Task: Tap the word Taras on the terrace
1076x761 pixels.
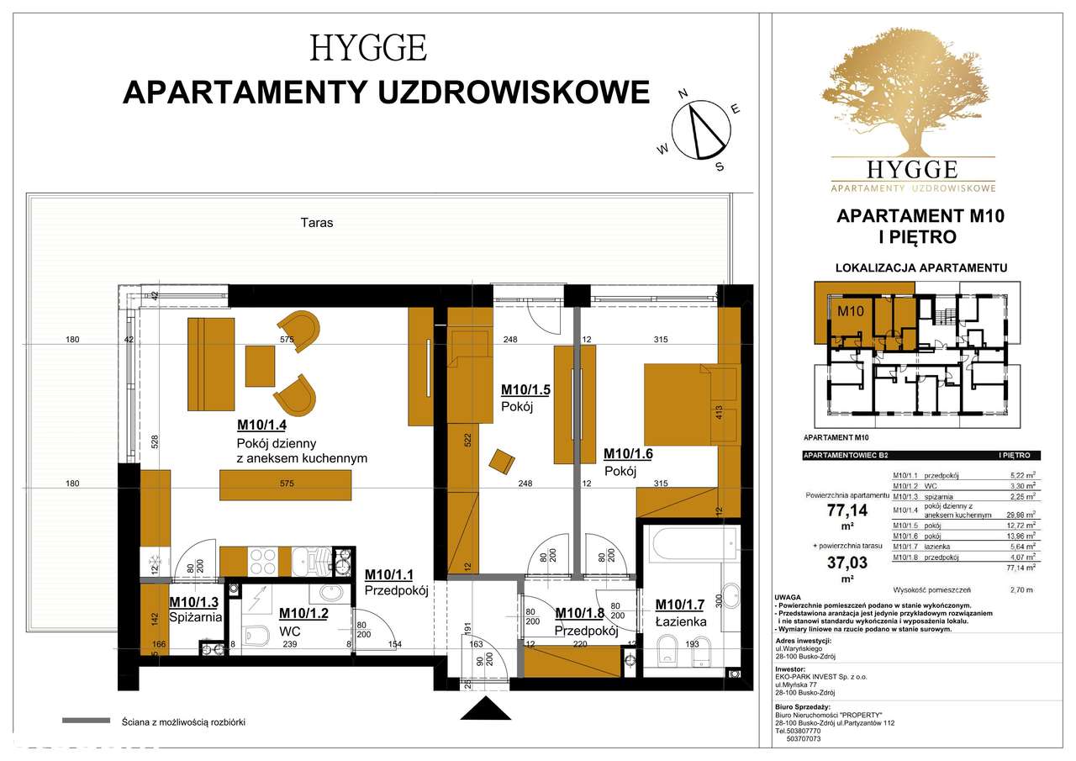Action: [x=316, y=223]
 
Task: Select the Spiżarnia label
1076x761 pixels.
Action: [x=196, y=616]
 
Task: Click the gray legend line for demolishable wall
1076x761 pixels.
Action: [x=86, y=721]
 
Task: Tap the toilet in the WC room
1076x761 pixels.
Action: [x=260, y=632]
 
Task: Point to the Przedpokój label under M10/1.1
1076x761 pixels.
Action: [x=397, y=590]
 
